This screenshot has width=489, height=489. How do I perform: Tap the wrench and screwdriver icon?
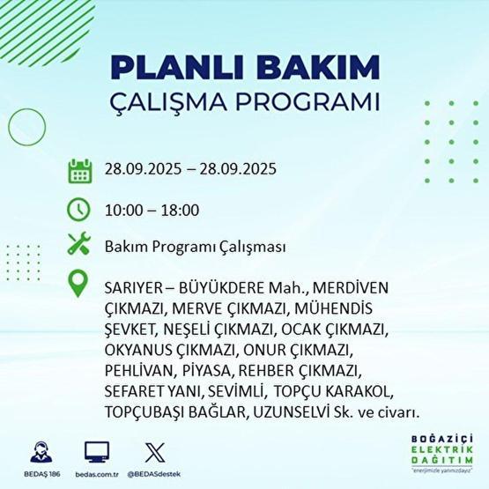tap(79, 247)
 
